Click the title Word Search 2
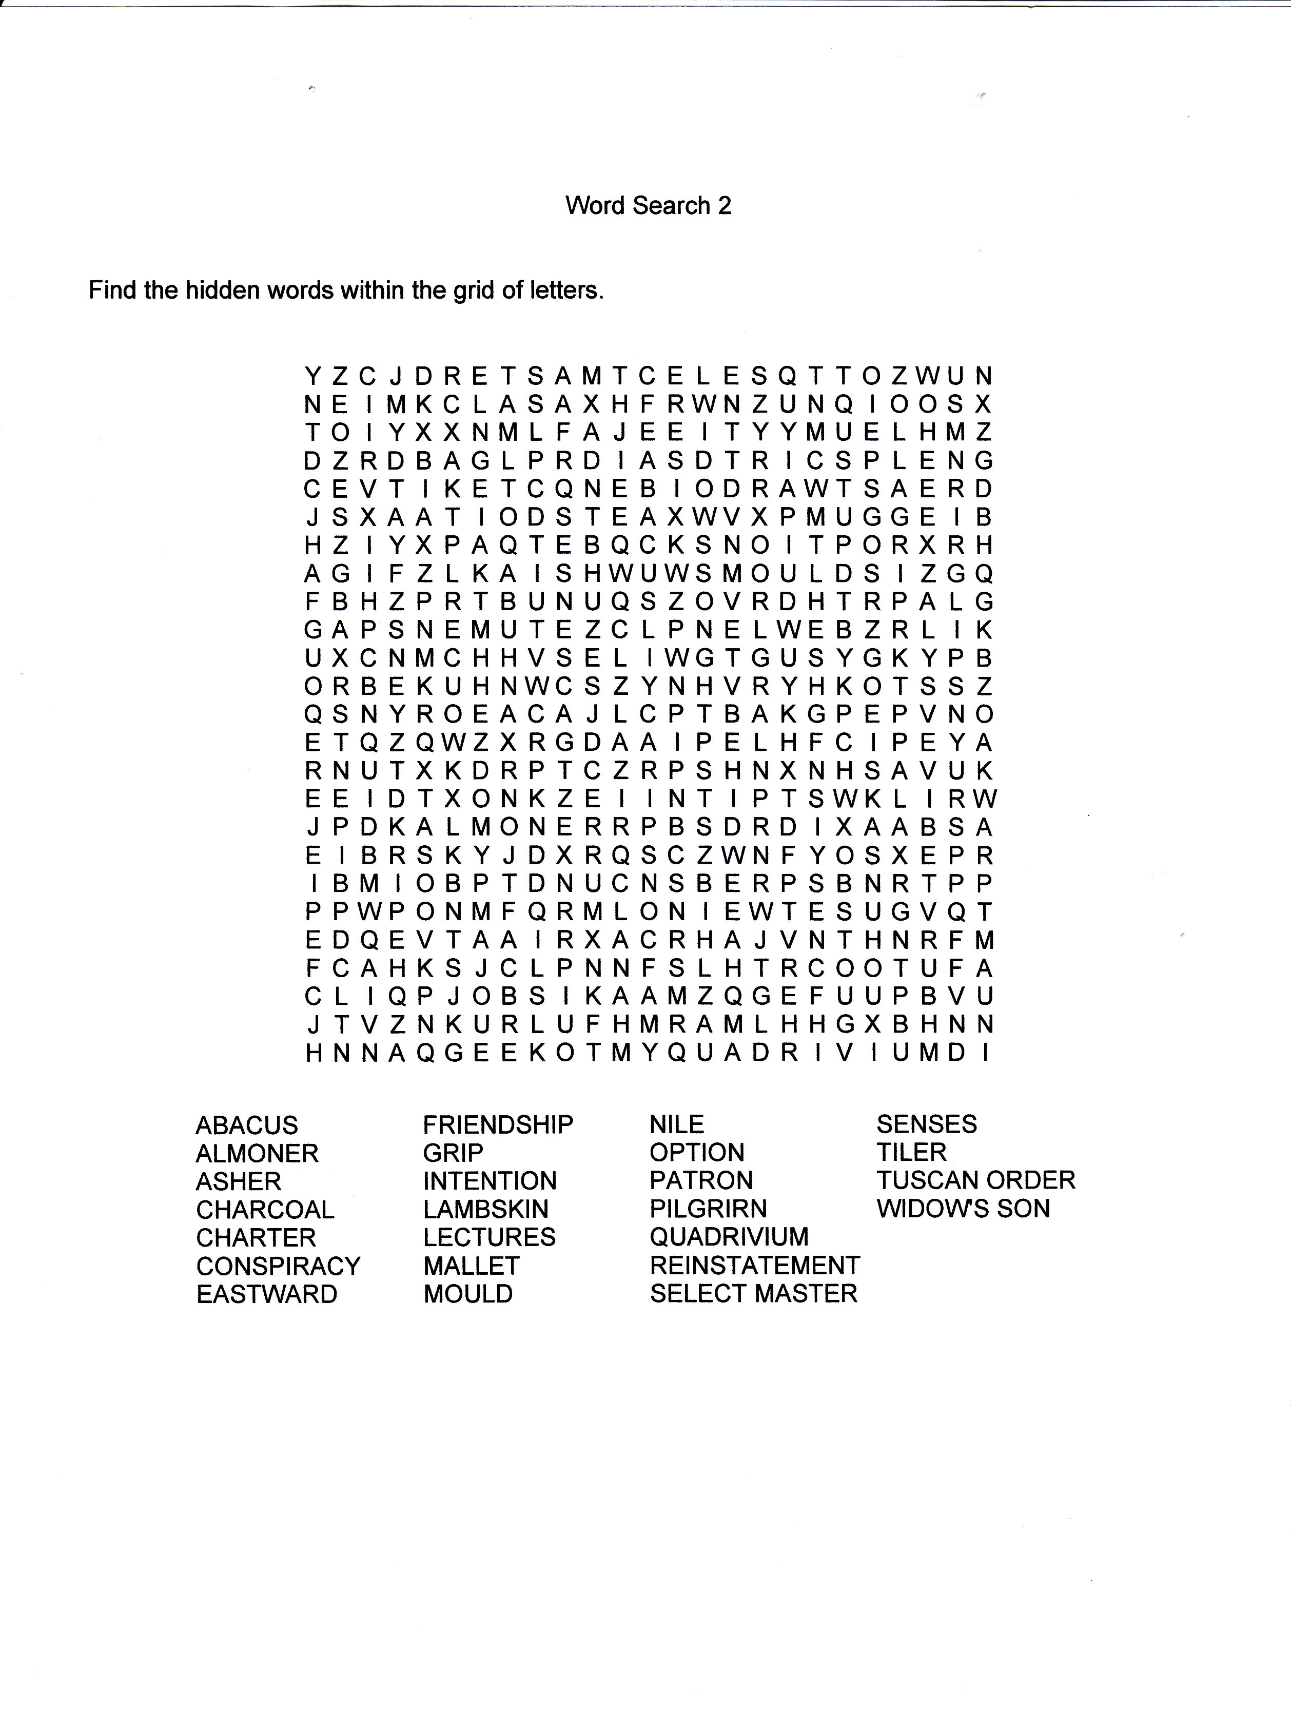[x=648, y=206]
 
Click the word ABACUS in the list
[x=247, y=1125]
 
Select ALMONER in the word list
[x=257, y=1153]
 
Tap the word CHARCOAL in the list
[x=264, y=1209]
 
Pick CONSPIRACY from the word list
[x=278, y=1266]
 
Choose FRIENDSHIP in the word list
[x=498, y=1125]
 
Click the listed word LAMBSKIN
[x=485, y=1209]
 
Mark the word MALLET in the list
[x=471, y=1266]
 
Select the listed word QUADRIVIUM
[x=729, y=1237]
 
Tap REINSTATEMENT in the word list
[x=754, y=1266]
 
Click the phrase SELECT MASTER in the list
[x=754, y=1293]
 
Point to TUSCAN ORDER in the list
[x=975, y=1180]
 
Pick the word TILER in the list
[x=911, y=1153]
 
